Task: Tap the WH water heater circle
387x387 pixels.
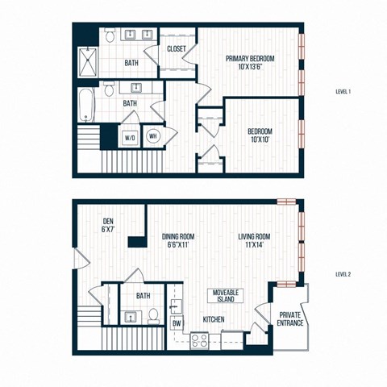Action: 153,136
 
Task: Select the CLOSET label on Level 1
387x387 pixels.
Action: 177,49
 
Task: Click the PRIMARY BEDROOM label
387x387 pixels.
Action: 250,59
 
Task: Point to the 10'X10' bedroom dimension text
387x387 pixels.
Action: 260,140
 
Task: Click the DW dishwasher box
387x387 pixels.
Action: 177,323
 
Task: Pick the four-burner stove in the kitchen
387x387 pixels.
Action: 198,341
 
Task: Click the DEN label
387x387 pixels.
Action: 107,222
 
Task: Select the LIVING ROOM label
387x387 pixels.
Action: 255,236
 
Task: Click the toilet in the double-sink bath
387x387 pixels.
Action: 110,35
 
